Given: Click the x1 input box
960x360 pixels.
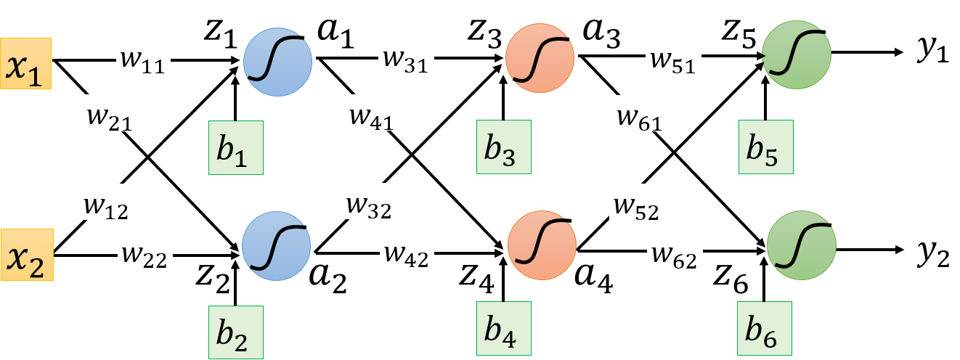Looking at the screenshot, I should tap(26, 63).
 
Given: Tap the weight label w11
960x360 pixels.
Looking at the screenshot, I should tap(143, 57).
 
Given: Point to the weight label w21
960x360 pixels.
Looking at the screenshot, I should tap(110, 112).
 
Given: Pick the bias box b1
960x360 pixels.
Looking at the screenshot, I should tap(235, 148).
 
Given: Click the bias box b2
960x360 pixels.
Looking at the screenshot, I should tap(235, 332).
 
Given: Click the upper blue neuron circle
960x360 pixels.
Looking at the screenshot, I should tap(277, 61).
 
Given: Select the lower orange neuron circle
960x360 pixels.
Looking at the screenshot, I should tap(542, 247).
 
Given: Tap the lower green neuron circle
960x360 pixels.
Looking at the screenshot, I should tap(801, 245).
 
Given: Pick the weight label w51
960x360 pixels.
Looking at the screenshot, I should tap(672, 57).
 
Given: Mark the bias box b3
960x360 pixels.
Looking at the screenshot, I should tap(503, 147).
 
